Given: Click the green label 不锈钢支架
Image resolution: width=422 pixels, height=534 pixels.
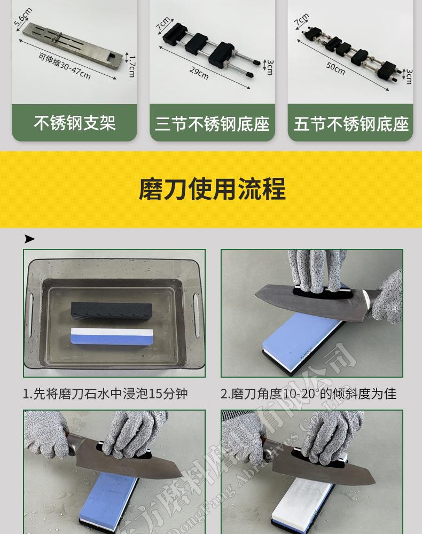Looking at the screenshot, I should (74, 123).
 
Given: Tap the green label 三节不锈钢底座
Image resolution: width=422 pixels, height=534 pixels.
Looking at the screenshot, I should (212, 124).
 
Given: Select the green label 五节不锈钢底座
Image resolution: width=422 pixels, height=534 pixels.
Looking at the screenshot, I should (351, 124).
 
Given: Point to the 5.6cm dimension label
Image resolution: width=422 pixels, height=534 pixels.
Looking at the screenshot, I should (24, 18).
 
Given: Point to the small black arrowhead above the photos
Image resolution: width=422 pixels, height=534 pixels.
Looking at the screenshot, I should (29, 239).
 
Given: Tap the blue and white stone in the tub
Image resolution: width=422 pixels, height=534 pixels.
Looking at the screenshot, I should (111, 336).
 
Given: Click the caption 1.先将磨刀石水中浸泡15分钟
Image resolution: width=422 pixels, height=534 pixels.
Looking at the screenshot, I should (105, 394).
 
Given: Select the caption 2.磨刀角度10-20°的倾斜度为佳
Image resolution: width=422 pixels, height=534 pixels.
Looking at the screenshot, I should (309, 394).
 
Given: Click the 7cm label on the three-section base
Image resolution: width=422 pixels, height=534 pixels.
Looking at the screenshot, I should (163, 24).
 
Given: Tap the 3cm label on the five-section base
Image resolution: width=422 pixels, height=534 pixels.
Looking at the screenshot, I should (409, 76).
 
